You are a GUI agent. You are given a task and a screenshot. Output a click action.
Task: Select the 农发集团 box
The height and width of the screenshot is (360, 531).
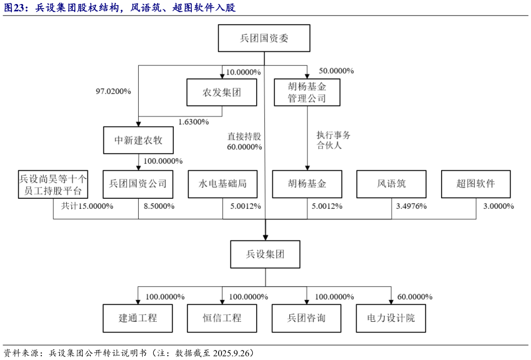tap(222, 92)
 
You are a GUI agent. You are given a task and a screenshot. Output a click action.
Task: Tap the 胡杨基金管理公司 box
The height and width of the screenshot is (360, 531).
tap(306, 92)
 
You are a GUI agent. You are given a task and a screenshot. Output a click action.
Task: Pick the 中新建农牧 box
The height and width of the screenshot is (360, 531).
tap(138, 140)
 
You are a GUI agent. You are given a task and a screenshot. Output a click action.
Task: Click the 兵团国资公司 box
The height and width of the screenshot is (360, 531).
tap(138, 184)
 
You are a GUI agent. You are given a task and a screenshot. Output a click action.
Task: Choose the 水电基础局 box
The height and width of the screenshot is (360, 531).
tap(223, 184)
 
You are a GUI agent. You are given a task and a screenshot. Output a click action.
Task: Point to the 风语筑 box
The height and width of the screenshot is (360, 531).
tap(391, 184)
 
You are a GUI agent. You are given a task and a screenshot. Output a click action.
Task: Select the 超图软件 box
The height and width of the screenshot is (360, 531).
tap(476, 184)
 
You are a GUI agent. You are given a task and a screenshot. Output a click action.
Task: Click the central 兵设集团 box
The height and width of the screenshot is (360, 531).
tap(265, 254)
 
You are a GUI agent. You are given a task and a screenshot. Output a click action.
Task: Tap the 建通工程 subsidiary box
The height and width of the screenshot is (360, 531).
tap(138, 318)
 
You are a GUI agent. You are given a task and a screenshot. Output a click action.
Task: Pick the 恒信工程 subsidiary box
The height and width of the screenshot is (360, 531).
tap(223, 318)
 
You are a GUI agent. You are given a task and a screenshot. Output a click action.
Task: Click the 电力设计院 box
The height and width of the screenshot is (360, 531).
tap(391, 318)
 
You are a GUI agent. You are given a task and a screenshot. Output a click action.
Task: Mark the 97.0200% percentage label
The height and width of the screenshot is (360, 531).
tap(114, 91)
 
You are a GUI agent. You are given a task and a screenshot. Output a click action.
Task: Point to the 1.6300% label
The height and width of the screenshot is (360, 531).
tap(193, 122)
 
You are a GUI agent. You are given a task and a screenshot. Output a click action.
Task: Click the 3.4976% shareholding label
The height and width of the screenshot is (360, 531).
tap(411, 206)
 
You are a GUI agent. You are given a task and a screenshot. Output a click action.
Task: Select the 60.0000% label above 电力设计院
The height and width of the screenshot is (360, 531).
tap(414, 297)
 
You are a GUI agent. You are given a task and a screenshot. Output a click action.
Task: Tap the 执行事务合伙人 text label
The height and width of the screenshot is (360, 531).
tap(333, 141)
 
